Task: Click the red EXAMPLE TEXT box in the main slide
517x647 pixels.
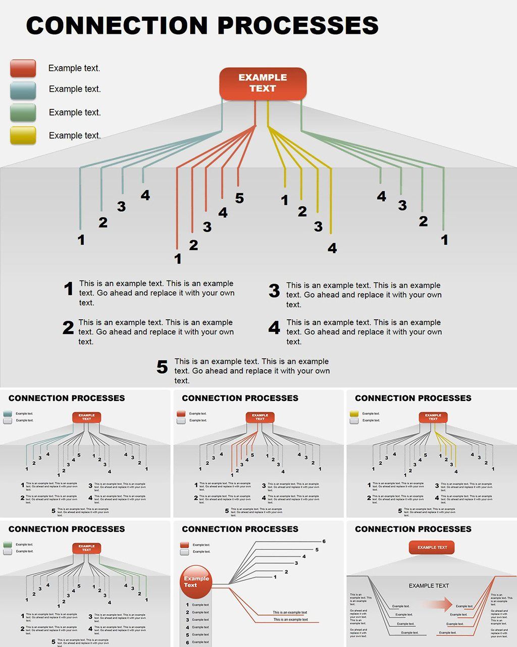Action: (263, 83)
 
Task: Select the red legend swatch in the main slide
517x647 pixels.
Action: (23, 68)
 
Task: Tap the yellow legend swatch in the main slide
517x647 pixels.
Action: (23, 135)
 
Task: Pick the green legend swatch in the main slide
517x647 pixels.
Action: (23, 112)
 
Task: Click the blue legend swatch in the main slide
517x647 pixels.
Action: (23, 90)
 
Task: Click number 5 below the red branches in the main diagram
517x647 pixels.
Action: (239, 198)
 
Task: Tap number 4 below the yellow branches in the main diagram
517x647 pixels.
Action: (332, 248)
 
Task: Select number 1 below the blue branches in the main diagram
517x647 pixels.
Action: (81, 240)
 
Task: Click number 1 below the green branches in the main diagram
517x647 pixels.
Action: (444, 240)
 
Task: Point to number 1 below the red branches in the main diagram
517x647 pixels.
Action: (177, 259)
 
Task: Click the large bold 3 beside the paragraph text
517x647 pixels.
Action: (274, 291)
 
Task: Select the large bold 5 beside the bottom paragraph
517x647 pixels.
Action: (162, 367)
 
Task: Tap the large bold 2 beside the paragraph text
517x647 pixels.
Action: (68, 328)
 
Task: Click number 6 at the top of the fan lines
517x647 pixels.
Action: (324, 542)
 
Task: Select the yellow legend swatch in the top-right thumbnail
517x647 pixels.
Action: (354, 414)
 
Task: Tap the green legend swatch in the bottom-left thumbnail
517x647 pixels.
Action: (8, 545)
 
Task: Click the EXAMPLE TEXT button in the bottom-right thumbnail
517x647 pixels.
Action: (432, 547)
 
